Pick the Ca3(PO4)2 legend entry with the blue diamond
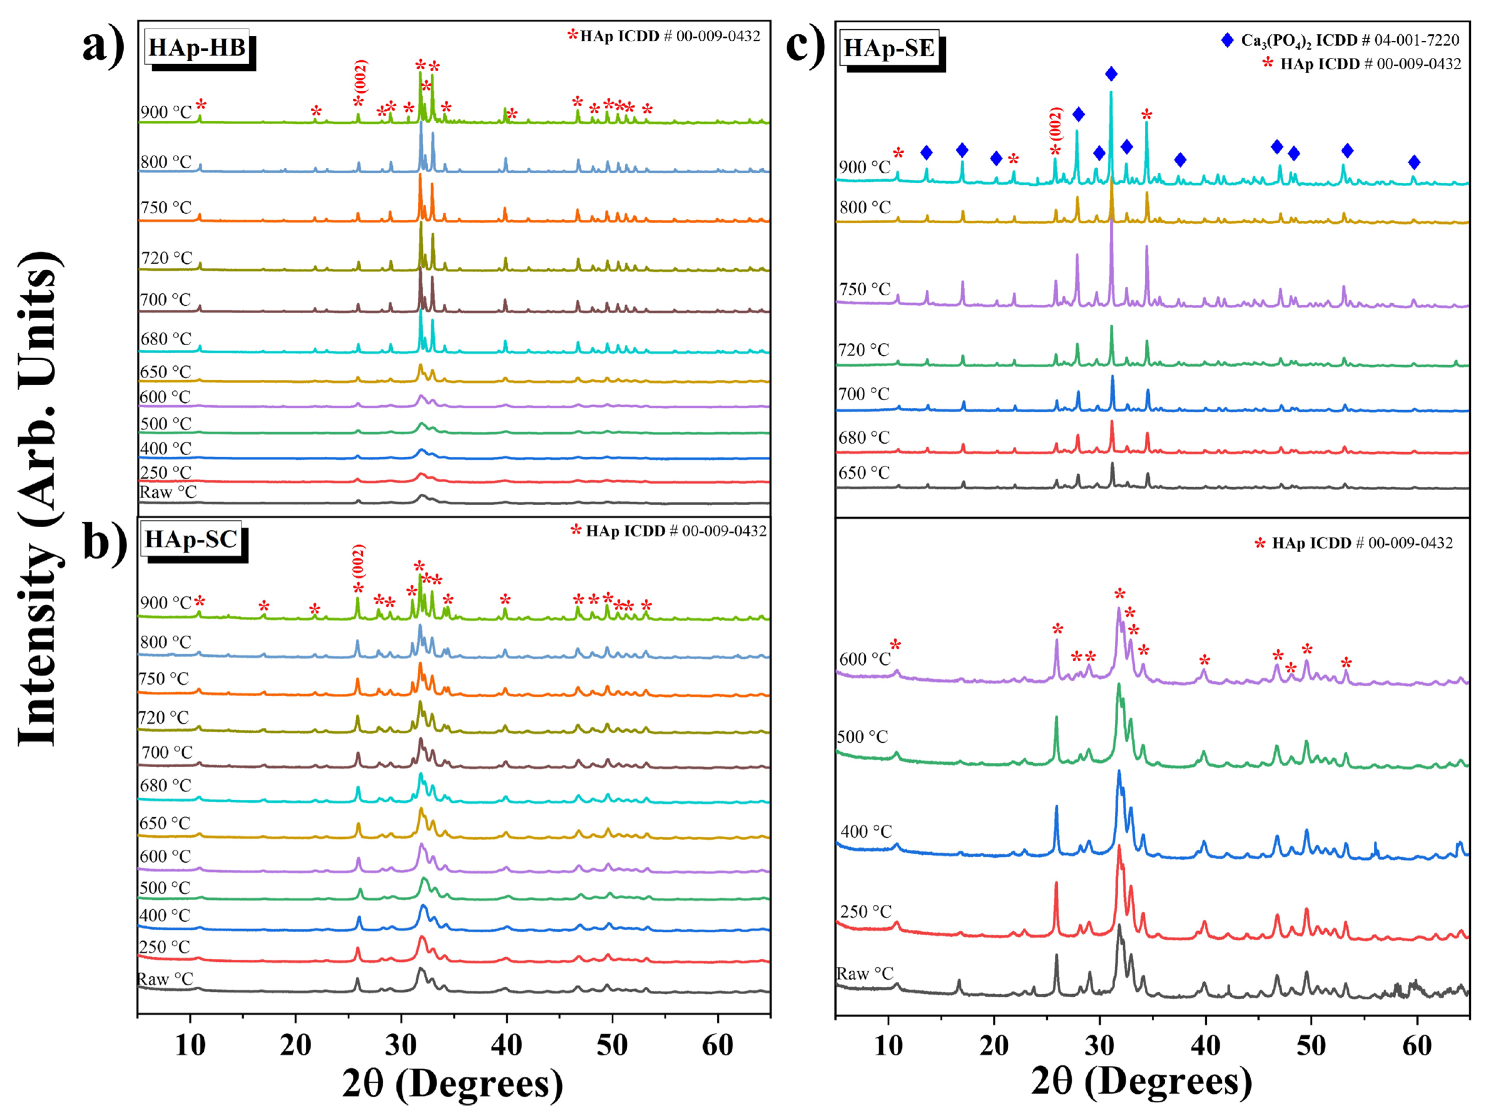(x=1339, y=40)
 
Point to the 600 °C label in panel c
(x=865, y=659)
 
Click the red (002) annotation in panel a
(x=361, y=77)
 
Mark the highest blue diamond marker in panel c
(x=1111, y=74)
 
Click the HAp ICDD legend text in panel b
(x=675, y=531)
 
